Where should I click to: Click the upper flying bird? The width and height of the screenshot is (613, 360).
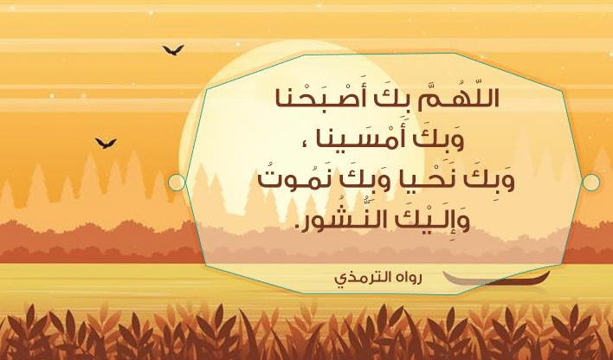pyautogui.click(x=173, y=49)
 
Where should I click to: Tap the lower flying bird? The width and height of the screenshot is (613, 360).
pyautogui.click(x=106, y=143)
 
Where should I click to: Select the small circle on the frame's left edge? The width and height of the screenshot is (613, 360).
pyautogui.click(x=177, y=183)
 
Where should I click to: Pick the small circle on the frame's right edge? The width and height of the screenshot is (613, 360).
pyautogui.click(x=590, y=183)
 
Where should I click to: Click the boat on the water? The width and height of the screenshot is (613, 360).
pyautogui.click(x=496, y=279)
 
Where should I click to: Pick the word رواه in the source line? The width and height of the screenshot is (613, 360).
pyautogui.click(x=408, y=278)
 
